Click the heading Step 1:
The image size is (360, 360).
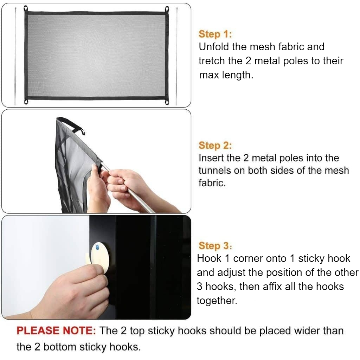point(215,34)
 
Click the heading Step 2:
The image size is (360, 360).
point(215,145)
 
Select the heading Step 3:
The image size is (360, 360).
point(215,245)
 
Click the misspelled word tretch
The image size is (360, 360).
point(211,61)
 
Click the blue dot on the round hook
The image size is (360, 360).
point(97,247)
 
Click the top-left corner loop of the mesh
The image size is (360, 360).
point(26,8)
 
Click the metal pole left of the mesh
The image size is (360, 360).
point(15,56)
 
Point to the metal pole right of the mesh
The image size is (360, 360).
point(176,56)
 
